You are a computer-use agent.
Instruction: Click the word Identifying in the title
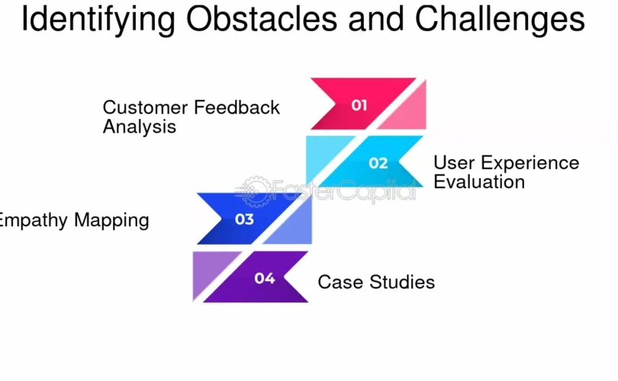98,20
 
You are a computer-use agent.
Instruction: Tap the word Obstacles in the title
261,18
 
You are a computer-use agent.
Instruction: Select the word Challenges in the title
500,20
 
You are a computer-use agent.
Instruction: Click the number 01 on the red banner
359,105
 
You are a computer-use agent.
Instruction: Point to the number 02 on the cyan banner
378,163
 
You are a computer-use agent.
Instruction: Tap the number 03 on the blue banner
244,219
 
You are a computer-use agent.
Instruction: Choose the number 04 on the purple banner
265,278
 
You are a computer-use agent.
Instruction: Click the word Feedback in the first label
237,107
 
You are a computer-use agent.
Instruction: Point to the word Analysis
139,127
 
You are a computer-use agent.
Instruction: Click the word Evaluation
479,182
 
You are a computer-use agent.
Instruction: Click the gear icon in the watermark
256,192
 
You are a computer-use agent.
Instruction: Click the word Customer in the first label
146,107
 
